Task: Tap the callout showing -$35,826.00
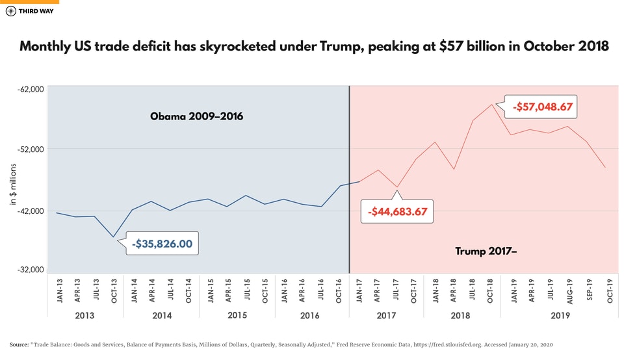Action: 162,244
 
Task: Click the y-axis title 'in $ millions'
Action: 12,185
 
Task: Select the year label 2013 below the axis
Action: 84,315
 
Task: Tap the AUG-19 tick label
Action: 569,290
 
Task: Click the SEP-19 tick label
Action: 588,290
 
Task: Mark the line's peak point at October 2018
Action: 491,104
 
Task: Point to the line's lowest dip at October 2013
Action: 113,237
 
